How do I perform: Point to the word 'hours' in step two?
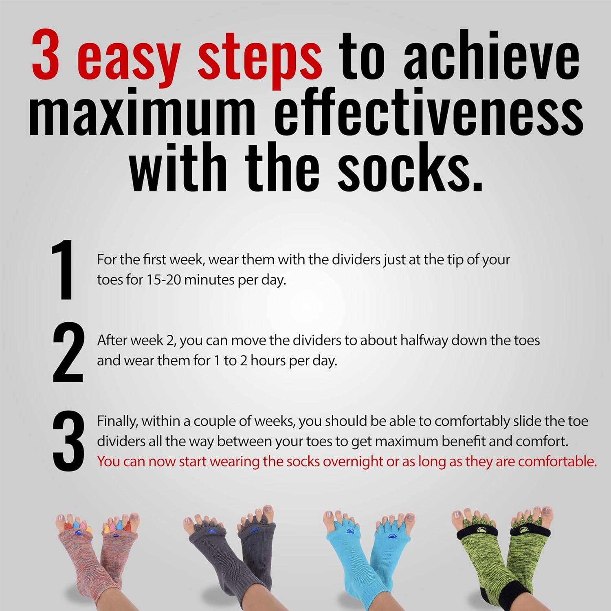point(268,360)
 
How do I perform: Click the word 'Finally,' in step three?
point(118,421)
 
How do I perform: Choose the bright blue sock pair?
point(367,554)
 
